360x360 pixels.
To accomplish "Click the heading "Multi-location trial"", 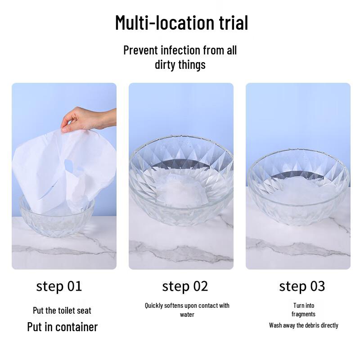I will (x=181, y=22).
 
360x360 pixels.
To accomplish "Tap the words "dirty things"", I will (x=180, y=65).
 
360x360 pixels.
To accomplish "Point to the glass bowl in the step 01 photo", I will (x=56, y=220).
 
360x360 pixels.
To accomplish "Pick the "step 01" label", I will (x=59, y=286).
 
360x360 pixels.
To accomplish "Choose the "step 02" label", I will (x=185, y=286).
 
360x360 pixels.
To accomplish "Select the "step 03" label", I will (x=302, y=286).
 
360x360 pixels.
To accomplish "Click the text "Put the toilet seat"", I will (x=62, y=310).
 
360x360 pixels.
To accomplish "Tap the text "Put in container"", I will (x=62, y=327).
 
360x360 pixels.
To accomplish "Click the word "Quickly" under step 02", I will (x=154, y=306).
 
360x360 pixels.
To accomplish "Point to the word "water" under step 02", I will (x=187, y=315).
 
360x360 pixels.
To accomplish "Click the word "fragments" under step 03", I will (x=303, y=314).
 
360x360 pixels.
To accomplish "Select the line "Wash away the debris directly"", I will (x=304, y=325).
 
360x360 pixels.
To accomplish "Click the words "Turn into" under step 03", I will (x=304, y=305).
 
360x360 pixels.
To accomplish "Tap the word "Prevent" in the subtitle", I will (x=139, y=50).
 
